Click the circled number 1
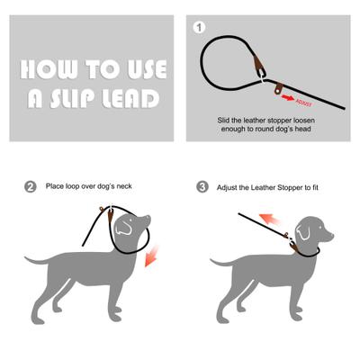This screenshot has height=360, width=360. tap(200, 28)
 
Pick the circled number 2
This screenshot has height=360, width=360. tap(31, 187)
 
